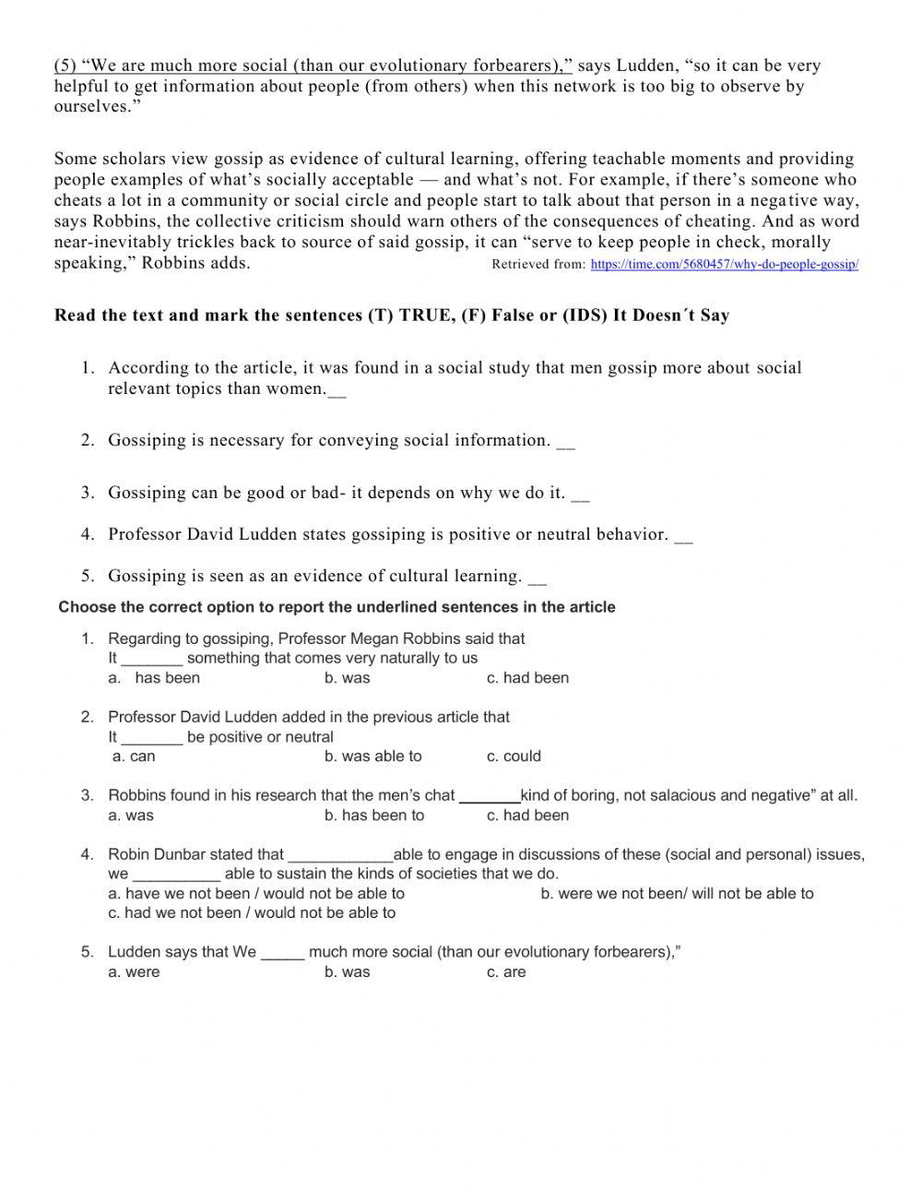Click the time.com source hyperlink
[724, 265]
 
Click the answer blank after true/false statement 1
[337, 390]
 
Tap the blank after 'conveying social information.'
[565, 442]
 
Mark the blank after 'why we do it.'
[580, 494]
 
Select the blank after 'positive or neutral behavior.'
[683, 536]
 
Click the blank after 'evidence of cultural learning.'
[538, 578]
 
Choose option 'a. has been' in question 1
[166, 678]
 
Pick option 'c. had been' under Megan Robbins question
[527, 678]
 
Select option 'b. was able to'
[372, 756]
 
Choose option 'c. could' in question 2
[514, 756]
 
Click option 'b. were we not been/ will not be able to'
[677, 893]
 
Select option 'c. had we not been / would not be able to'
[252, 913]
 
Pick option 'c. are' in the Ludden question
[506, 972]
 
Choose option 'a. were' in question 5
[134, 972]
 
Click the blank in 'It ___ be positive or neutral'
[151, 738]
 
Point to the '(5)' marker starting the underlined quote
[65, 66]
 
